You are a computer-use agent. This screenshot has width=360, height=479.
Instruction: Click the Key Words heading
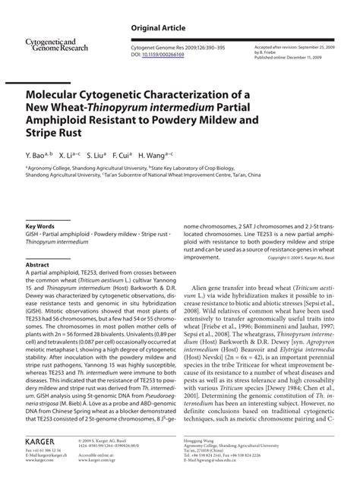40,226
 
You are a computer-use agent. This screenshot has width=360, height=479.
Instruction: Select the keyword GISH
33,235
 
